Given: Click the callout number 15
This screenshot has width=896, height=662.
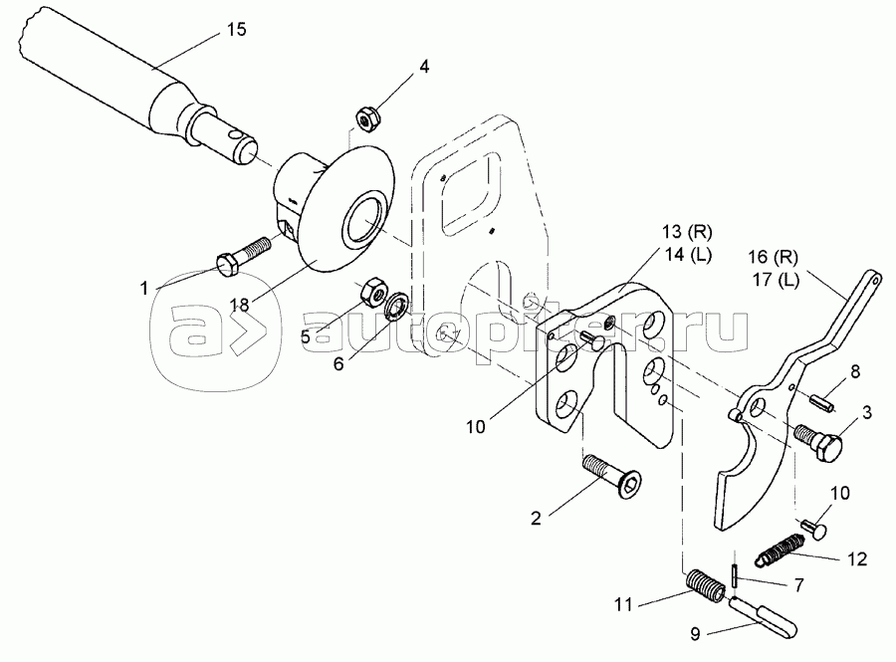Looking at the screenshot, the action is click(x=236, y=30).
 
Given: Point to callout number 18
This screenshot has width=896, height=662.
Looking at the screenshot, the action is click(x=240, y=305).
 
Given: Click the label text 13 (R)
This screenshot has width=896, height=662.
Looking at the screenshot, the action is click(x=687, y=232).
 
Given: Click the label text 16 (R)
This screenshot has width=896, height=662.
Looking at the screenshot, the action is click(x=774, y=257).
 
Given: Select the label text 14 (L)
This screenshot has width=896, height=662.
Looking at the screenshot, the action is click(x=687, y=255).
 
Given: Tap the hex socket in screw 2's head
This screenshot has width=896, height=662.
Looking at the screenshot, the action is click(x=630, y=485).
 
